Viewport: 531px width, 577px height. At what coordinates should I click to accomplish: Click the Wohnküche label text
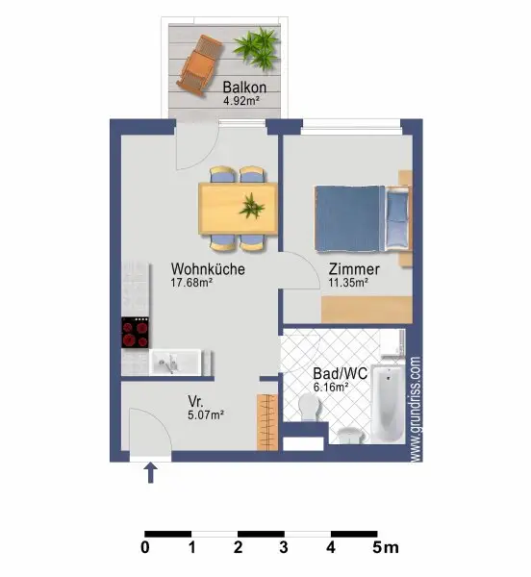208,269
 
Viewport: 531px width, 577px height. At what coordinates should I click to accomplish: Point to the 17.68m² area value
192,284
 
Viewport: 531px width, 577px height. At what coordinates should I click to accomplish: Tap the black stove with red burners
136,334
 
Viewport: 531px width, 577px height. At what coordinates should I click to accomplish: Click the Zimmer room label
353,269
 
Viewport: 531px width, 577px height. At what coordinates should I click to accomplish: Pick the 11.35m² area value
348,284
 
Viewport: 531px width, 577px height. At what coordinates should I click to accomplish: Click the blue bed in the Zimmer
361,211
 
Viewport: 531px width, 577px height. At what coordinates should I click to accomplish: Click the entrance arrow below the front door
150,472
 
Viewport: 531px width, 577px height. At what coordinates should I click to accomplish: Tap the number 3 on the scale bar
284,550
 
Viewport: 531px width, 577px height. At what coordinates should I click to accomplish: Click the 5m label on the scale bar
382,550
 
